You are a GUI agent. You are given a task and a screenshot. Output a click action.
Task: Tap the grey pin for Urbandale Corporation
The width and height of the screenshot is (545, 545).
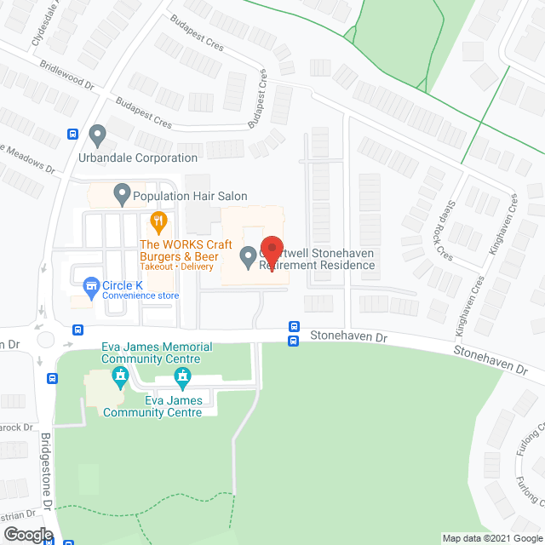tap(98, 134)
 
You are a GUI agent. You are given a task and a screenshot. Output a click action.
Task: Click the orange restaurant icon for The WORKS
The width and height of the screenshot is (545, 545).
tap(158, 223)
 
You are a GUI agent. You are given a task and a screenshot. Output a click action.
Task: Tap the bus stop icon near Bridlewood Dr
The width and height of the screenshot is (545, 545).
tap(73, 134)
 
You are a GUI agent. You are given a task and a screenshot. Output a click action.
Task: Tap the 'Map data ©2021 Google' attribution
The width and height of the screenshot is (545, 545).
tap(492, 538)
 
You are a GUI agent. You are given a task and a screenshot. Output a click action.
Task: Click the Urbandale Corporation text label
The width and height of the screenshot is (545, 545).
tap(149, 158)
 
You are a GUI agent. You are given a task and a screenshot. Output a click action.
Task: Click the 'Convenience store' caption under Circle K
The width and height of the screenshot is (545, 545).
tap(141, 296)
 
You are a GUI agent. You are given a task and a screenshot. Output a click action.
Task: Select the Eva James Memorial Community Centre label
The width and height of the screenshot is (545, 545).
tap(134, 352)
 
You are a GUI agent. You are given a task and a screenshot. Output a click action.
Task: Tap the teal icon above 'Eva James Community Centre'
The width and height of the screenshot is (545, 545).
tap(181, 376)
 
